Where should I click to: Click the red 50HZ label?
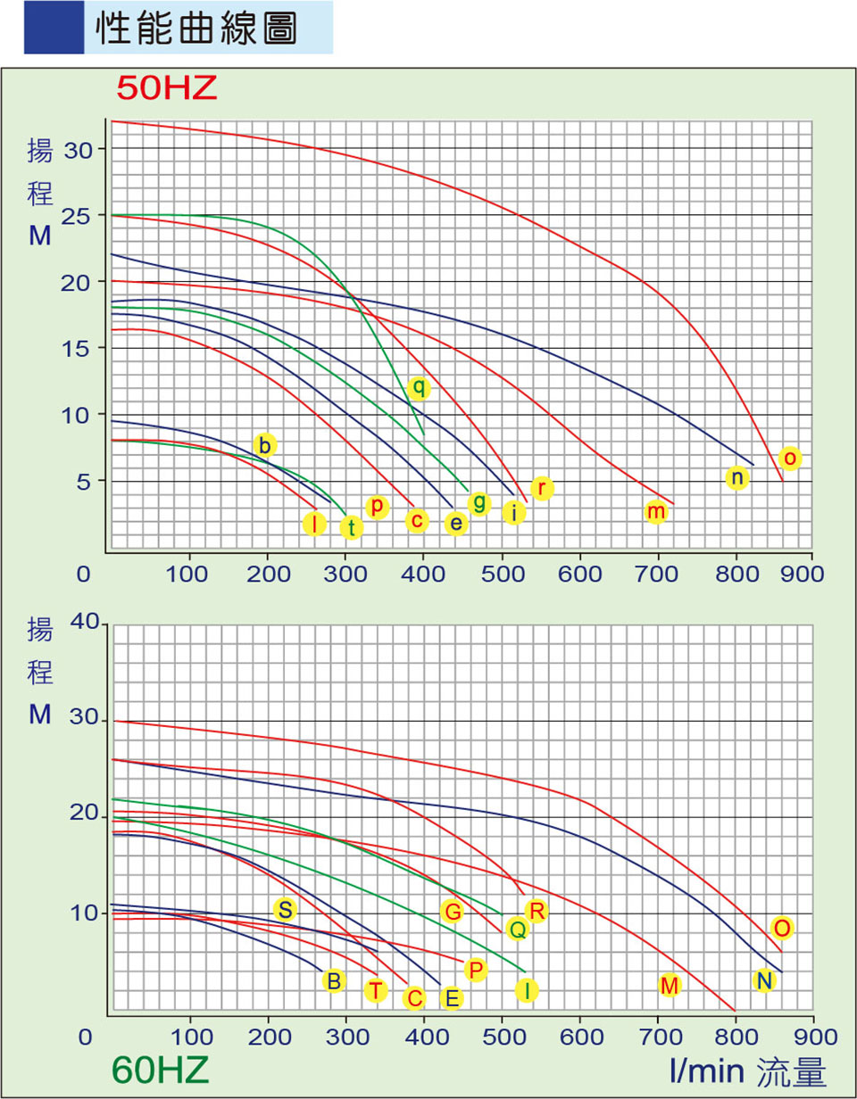pos(167,88)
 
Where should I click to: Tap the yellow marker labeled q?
pos(419,388)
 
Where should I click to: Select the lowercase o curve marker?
pos(789,459)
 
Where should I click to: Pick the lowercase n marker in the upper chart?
pos(736,478)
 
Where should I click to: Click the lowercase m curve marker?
pos(656,512)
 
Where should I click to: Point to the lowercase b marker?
pos(264,444)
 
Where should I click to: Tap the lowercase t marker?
pos(352,527)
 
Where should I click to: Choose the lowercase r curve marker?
pos(542,488)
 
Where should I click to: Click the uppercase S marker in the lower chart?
pos(285,910)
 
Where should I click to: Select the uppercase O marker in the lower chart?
pos(782,929)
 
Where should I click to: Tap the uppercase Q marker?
pos(516,930)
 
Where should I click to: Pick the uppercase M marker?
pos(670,986)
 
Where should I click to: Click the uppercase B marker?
pos(334,981)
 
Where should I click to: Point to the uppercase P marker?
pos(476,970)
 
